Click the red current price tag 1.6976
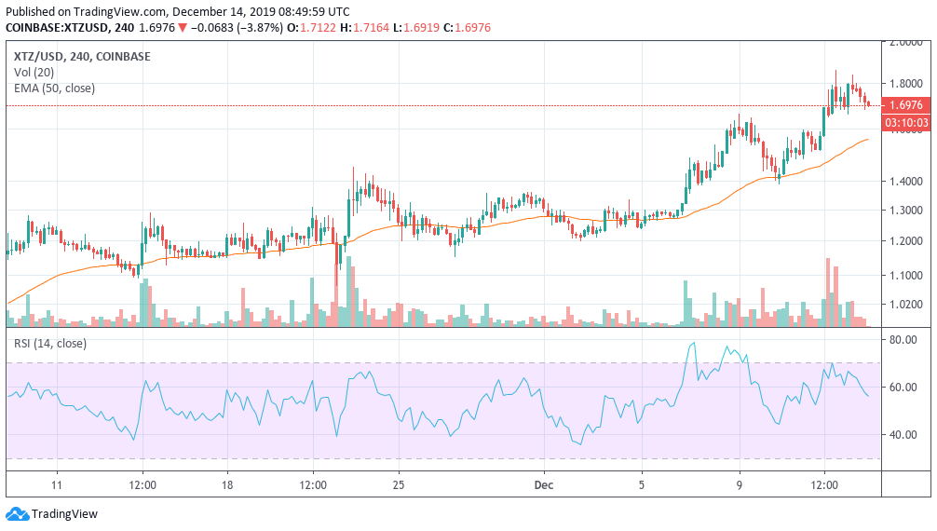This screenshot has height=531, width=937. tap(904, 106)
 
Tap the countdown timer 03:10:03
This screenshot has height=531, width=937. tap(904, 122)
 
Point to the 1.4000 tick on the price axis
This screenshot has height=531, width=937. tap(904, 182)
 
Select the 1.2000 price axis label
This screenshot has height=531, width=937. tap(904, 241)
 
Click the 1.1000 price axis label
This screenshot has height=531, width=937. tap(904, 276)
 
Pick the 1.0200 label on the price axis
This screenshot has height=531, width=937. tap(904, 304)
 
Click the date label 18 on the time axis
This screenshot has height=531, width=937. tap(227, 485)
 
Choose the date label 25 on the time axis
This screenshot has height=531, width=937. tap(398, 485)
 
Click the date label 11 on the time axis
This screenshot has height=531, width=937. tap(57, 485)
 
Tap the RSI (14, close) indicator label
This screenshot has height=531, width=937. tap(50, 343)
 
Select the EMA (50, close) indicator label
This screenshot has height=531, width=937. tap(54, 88)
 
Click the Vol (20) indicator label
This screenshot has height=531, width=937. tap(34, 73)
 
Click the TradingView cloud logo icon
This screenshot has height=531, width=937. tap(17, 513)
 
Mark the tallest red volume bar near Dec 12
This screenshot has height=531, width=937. tap(827, 292)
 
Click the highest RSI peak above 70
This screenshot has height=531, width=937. tap(692, 344)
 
